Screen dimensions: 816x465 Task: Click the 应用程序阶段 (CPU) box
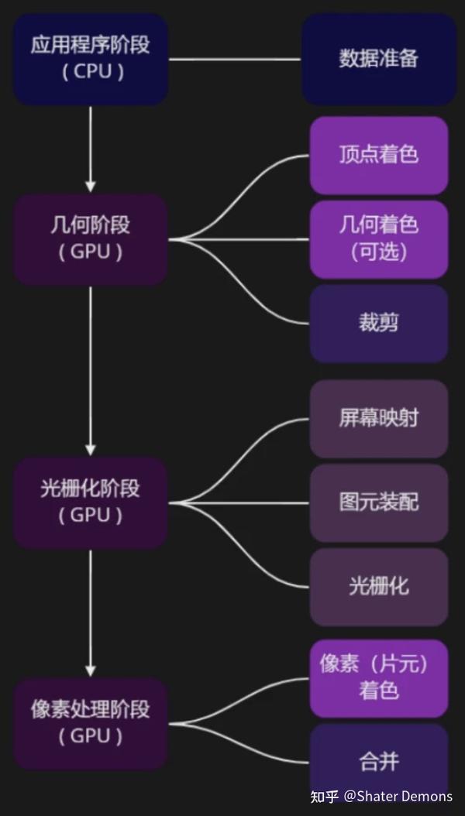click(x=91, y=59)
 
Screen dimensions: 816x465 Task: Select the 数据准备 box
click(x=378, y=59)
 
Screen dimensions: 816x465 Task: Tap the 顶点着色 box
click(x=378, y=155)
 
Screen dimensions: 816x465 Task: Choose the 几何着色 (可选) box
click(x=378, y=238)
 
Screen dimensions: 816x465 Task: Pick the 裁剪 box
click(x=378, y=323)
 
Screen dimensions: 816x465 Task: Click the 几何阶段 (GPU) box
click(x=91, y=238)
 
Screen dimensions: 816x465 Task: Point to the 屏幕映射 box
click(x=378, y=418)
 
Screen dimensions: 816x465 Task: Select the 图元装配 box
click(x=378, y=502)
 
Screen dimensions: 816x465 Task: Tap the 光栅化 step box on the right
click(x=378, y=586)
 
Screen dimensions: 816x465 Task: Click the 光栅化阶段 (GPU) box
click(x=91, y=502)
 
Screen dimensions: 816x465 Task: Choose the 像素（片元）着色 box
click(x=378, y=677)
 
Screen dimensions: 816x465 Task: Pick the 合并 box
click(x=378, y=762)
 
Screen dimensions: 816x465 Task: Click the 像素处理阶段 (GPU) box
click(x=91, y=723)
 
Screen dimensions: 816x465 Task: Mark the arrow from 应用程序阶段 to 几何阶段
click(x=91, y=149)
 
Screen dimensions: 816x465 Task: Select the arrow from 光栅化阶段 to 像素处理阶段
click(x=91, y=612)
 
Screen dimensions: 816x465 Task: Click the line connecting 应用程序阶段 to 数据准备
click(x=235, y=59)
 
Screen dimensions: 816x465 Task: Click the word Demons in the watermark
click(x=430, y=796)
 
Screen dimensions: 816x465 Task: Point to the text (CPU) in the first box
click(x=91, y=72)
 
